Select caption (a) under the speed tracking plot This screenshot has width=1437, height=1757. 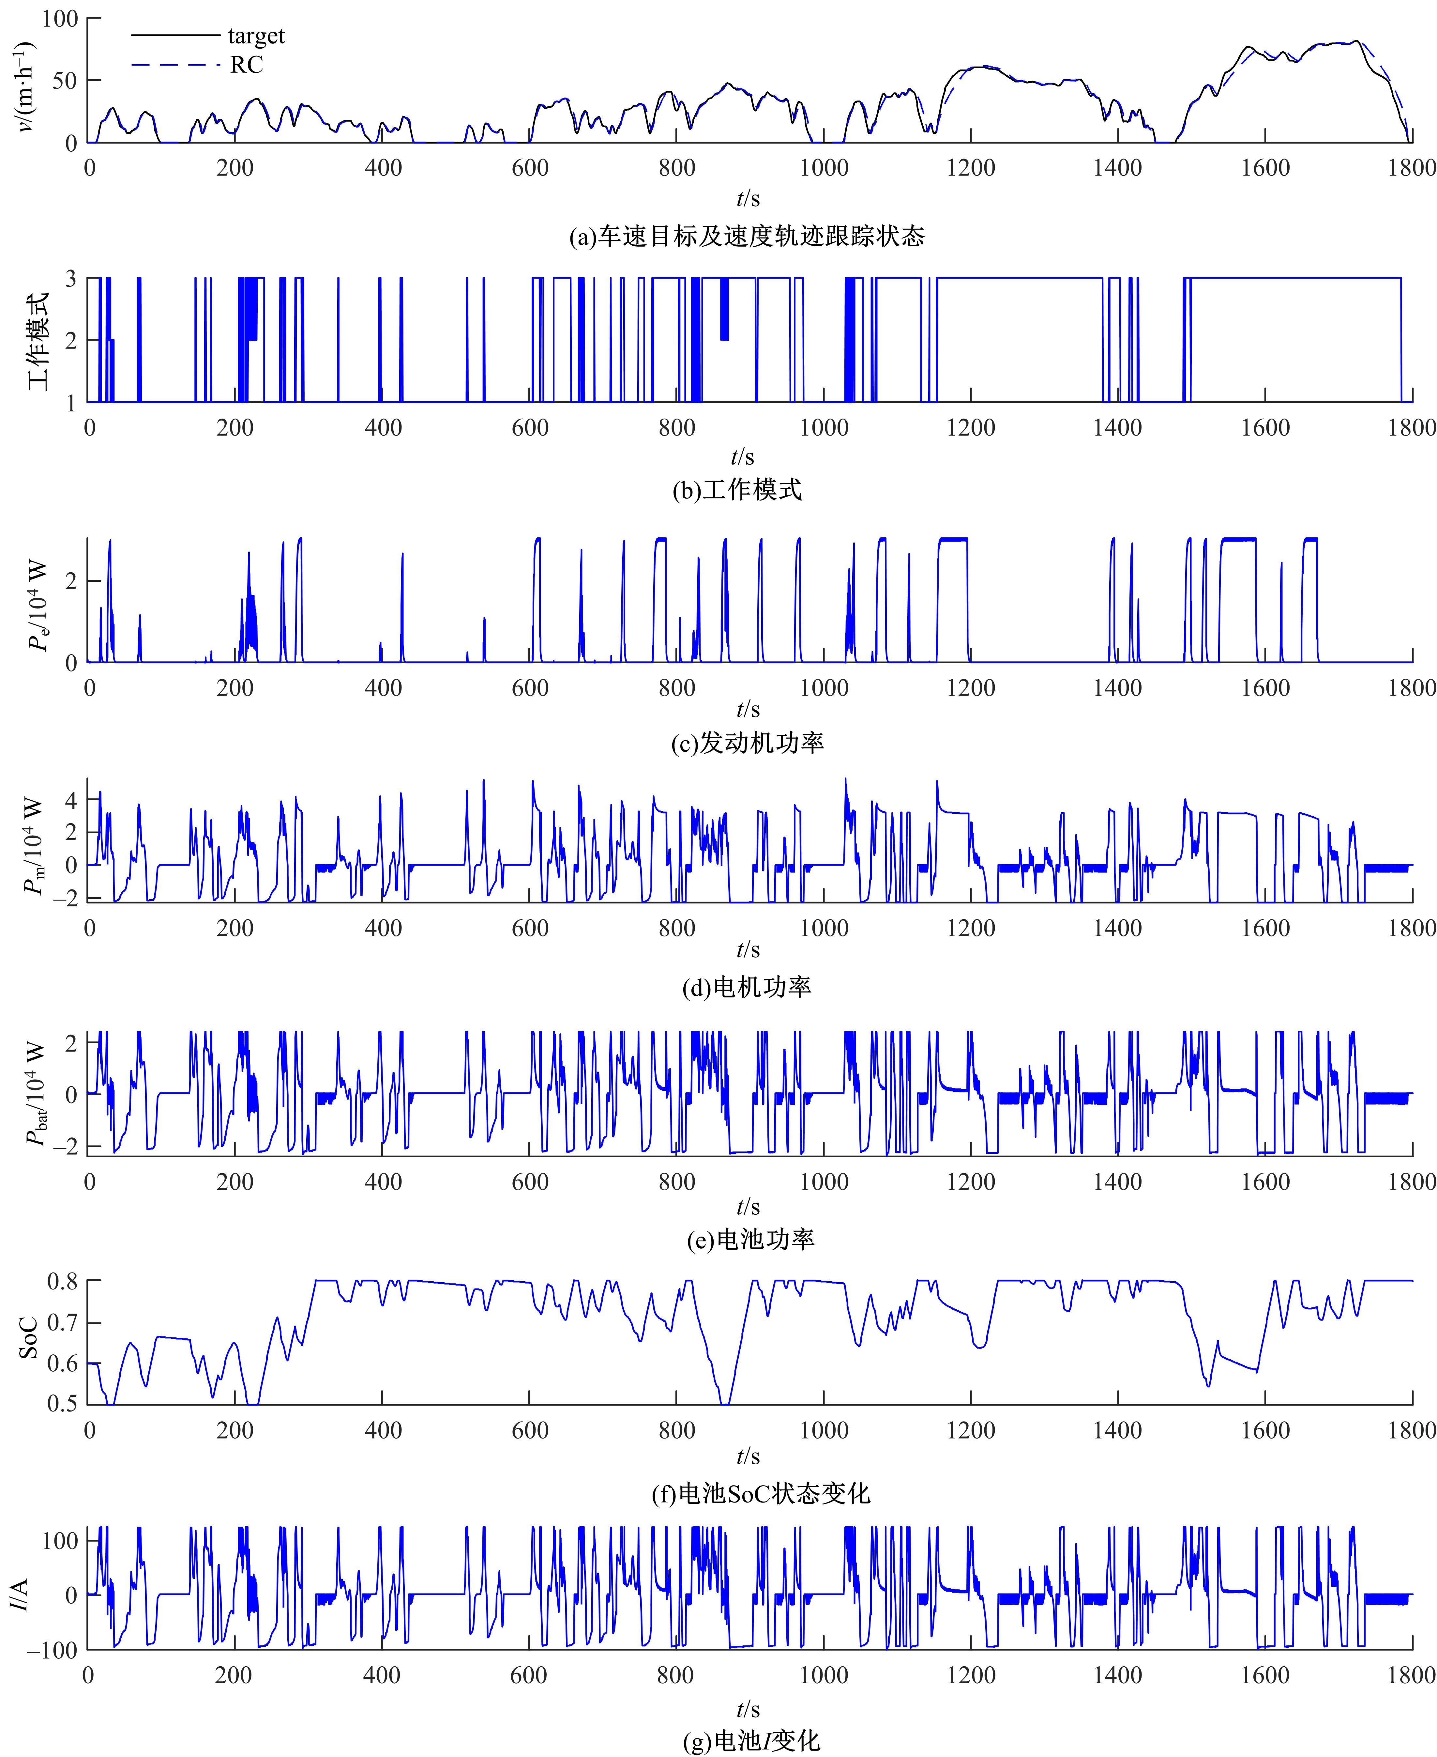pos(747,237)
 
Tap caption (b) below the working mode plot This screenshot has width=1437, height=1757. pos(737,490)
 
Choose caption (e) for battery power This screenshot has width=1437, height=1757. pos(750,1240)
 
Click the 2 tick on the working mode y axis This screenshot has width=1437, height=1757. pos(71,340)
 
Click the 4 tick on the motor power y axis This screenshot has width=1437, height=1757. pos(71,801)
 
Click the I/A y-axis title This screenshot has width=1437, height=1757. pos(20,1595)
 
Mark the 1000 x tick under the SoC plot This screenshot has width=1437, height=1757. pos(824,1431)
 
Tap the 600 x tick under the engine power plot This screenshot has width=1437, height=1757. pos(530,688)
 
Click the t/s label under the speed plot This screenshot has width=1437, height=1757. pos(748,199)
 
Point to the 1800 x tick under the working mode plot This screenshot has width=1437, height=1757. pos(1411,428)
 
